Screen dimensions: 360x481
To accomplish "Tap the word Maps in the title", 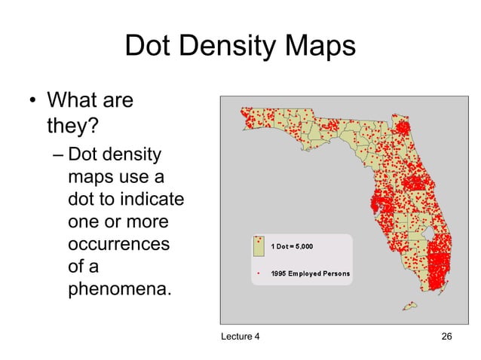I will click(317, 47).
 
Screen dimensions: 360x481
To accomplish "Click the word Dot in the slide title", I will click(149, 47).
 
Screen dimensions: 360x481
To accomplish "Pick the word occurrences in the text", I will click(118, 246).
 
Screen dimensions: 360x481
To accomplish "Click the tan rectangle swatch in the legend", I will click(259, 244).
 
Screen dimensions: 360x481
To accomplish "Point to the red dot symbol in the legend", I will click(259, 273).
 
